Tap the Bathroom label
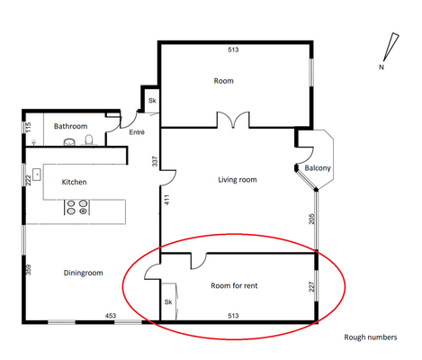pyautogui.click(x=70, y=126)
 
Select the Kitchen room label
pyautogui.click(x=74, y=182)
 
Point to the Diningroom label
pyautogui.click(x=83, y=273)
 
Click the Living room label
pyautogui.click(x=238, y=180)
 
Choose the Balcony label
pyautogui.click(x=318, y=168)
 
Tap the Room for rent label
pyautogui.click(x=234, y=285)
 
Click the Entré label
pyautogui.click(x=137, y=132)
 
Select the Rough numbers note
pyautogui.click(x=371, y=337)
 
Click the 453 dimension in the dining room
pyautogui.click(x=111, y=316)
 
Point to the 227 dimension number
pyautogui.click(x=311, y=287)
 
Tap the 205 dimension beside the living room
pyautogui.click(x=311, y=219)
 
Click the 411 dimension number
pyautogui.click(x=167, y=200)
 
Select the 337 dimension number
pyautogui.click(x=155, y=161)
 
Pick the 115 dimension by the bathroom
pyautogui.click(x=28, y=127)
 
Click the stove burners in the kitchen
pyautogui.click(x=77, y=207)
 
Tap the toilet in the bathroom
pyautogui.click(x=89, y=140)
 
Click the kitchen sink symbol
pyautogui.click(x=37, y=175)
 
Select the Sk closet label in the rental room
pyautogui.click(x=168, y=302)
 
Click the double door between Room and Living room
pyautogui.click(x=233, y=120)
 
